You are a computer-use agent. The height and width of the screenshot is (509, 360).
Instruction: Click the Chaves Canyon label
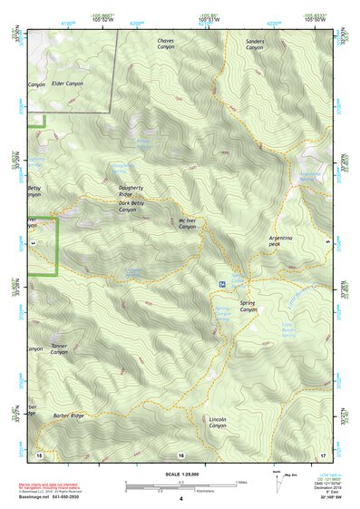166,45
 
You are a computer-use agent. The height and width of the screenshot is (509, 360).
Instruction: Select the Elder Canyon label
67,83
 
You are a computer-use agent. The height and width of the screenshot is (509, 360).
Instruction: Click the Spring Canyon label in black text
248,306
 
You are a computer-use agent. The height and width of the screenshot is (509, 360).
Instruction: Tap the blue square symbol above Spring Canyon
221,285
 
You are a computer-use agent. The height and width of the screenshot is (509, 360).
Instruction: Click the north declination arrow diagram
277,482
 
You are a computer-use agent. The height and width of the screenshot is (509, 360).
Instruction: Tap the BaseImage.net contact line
56,497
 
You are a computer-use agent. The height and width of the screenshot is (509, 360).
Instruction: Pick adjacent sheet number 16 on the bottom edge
180,455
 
